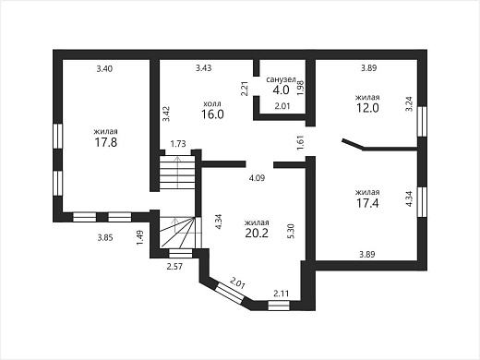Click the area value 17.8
(x=106, y=142)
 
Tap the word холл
(x=212, y=103)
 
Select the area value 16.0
(x=212, y=114)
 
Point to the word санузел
(x=281, y=79)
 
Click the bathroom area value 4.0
(x=281, y=90)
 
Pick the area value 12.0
(x=367, y=108)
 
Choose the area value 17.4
(x=367, y=203)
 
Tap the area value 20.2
(x=257, y=233)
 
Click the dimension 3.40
(x=104, y=68)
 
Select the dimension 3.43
(x=204, y=67)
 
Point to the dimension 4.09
(x=257, y=178)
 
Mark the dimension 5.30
(x=292, y=231)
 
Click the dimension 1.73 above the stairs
(x=178, y=144)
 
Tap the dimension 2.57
(x=174, y=266)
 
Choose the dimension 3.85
(x=105, y=237)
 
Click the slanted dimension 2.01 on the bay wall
(x=237, y=282)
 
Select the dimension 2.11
(x=282, y=294)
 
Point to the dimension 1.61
(x=301, y=143)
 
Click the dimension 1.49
(x=140, y=238)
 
